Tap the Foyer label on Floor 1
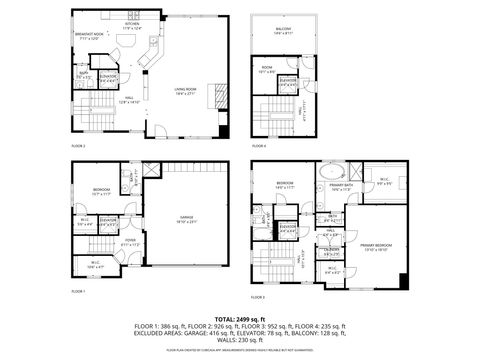(x=130, y=241)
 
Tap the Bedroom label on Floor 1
(x=102, y=192)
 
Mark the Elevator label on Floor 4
(x=288, y=81)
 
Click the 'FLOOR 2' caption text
(x=78, y=146)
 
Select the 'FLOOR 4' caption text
(x=258, y=146)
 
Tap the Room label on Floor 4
(x=266, y=71)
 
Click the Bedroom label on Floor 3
(x=284, y=185)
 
